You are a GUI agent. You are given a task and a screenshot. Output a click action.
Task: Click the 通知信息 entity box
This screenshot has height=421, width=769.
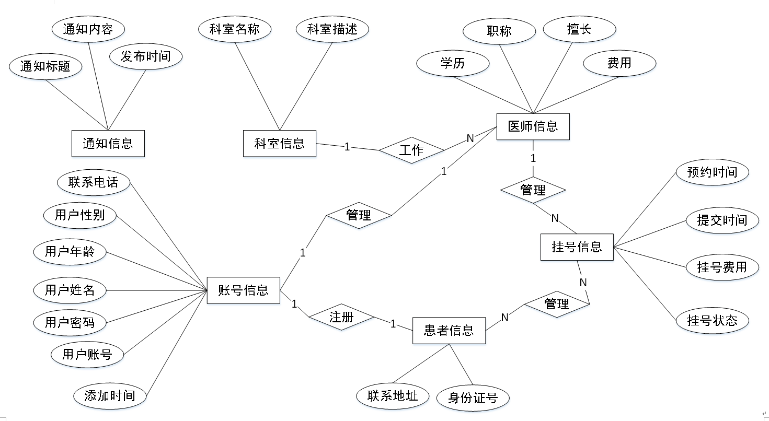coord(108,143)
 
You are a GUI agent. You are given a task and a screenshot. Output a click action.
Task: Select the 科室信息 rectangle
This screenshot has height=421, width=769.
coord(280,143)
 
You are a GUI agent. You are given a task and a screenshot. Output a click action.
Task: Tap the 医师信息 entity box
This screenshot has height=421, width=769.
coord(533,126)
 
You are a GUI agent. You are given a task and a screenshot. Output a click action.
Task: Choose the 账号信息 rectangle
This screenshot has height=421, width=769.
coord(243,290)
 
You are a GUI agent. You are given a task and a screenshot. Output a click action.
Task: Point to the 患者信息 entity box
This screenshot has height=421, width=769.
coord(449,330)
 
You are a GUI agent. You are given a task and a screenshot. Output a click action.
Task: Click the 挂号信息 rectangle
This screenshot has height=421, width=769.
coord(577,247)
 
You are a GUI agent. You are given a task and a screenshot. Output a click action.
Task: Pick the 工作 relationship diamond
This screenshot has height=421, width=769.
coord(411,150)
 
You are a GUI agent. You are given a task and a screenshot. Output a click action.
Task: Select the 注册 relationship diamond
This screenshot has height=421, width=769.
coord(341,317)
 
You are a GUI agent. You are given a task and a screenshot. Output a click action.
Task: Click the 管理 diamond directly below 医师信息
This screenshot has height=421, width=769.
coord(533,190)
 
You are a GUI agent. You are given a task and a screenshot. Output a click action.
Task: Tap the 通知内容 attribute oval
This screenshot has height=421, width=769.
coord(88,29)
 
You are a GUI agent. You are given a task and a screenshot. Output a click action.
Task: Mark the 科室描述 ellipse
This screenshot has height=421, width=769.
coord(332,29)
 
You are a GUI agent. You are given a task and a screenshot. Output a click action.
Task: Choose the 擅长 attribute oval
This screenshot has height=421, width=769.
coord(579,29)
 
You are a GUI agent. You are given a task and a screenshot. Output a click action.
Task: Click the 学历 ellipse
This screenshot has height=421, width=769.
coord(452,64)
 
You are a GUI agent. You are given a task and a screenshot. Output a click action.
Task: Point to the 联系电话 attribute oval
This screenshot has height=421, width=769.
coord(94,182)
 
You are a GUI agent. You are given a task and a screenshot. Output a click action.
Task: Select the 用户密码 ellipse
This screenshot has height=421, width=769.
coord(70,322)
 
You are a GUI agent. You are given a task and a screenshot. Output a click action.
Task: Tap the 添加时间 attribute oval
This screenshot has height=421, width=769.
coord(110,395)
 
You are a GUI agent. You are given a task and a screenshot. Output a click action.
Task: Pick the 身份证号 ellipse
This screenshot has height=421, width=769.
coord(473,398)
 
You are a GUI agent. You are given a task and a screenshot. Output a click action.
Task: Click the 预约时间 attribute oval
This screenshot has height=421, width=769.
coord(712,172)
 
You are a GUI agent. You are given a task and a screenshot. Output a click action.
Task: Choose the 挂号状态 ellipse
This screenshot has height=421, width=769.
coord(712,320)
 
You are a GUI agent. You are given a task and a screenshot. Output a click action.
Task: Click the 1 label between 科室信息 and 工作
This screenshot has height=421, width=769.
coord(347,147)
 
